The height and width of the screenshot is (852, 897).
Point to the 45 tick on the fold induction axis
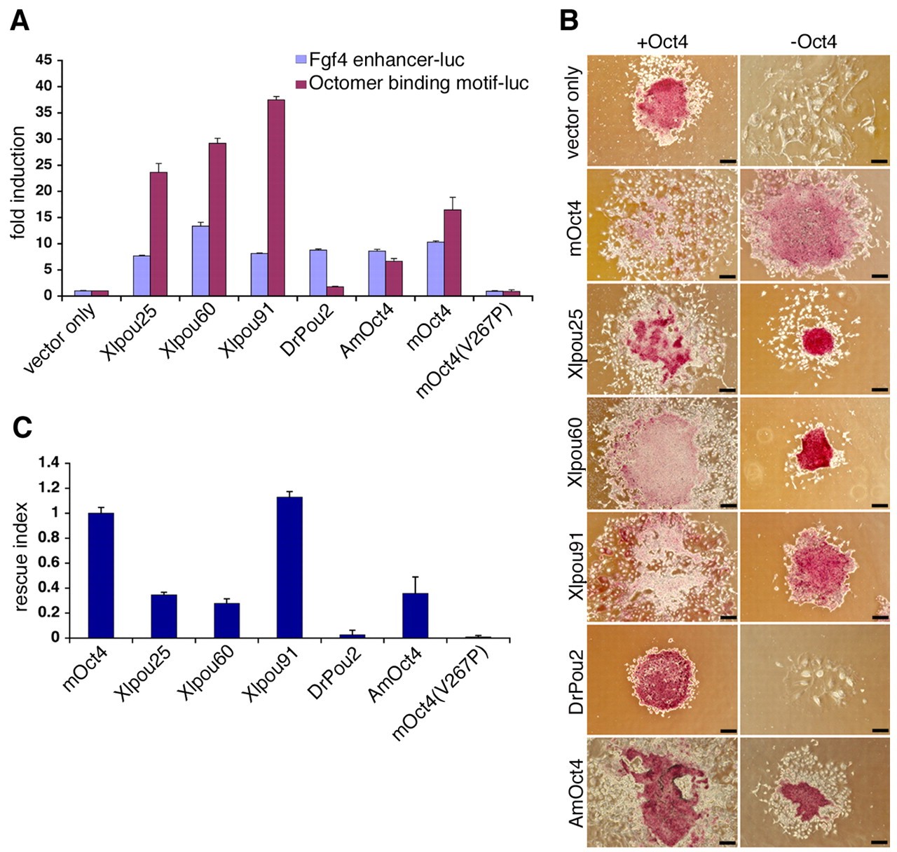pyautogui.click(x=43, y=60)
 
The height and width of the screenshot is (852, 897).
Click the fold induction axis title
pyautogui.click(x=18, y=182)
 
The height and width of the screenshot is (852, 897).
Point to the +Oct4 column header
pyautogui.click(x=662, y=41)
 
